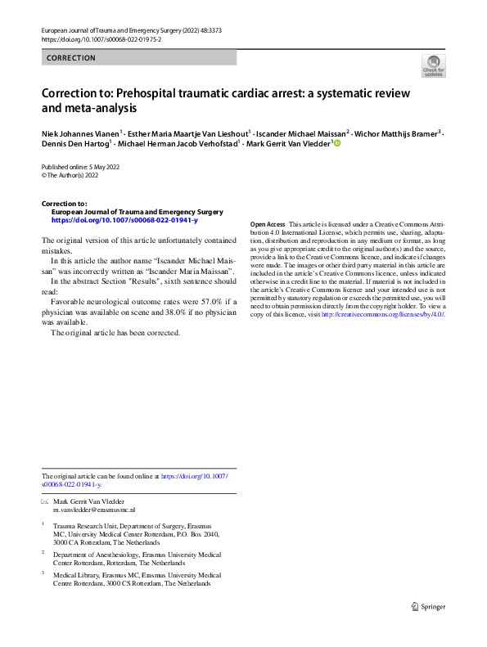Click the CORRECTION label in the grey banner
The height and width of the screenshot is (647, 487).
click(71, 58)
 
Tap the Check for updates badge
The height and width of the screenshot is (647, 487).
click(433, 66)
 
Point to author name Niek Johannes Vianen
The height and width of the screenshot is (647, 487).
click(79, 132)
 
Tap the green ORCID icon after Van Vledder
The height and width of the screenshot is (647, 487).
click(336, 144)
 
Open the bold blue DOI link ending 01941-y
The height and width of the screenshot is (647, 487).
click(124, 220)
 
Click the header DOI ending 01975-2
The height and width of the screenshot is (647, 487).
click(94, 38)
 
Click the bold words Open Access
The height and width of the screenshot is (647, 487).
click(268, 224)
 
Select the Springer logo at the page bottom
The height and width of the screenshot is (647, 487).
click(427, 606)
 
